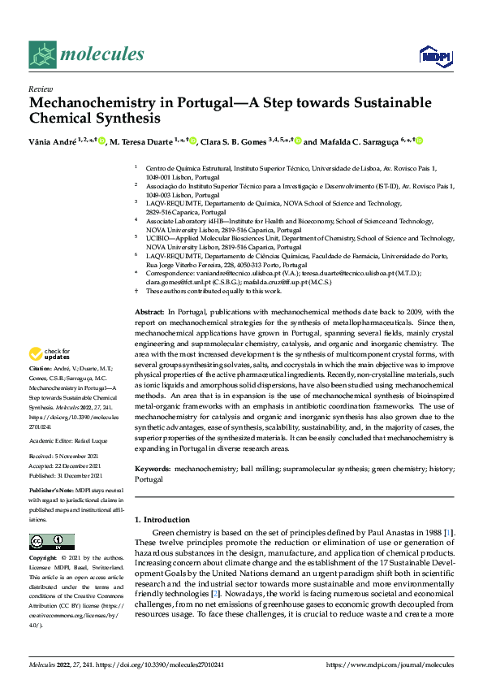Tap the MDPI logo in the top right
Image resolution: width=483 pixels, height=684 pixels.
(x=434, y=54)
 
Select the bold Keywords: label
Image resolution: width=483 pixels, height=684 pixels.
(x=152, y=470)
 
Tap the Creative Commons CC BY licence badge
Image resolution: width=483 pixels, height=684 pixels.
(x=51, y=542)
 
